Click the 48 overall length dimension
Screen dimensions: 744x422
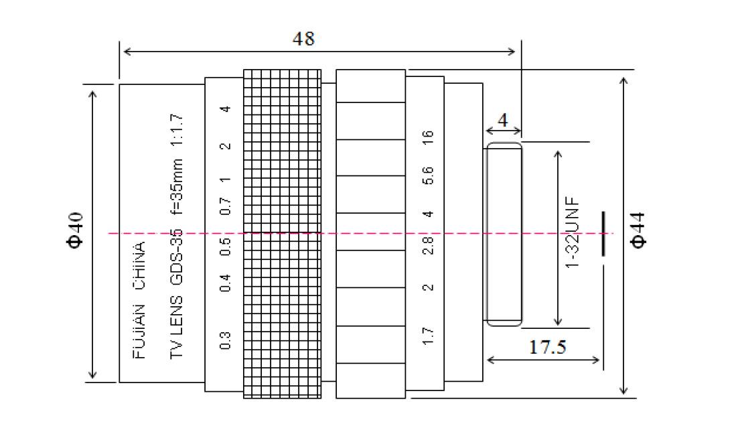point(303,38)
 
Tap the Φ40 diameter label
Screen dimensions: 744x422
point(75,230)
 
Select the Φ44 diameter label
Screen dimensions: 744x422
point(638,230)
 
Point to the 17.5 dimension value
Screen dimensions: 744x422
point(548,347)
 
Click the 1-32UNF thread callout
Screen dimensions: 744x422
point(573,232)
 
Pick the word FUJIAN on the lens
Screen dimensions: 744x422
point(139,332)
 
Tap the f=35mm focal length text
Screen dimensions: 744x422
point(176,186)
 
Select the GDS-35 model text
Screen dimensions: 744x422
point(176,257)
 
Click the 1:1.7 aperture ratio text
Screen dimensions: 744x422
point(176,130)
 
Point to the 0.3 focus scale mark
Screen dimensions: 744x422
point(226,340)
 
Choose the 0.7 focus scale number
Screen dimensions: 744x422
point(226,206)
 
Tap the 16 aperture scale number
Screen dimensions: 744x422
point(428,137)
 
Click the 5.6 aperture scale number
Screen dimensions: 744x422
point(428,175)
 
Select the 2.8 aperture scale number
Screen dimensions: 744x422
point(428,245)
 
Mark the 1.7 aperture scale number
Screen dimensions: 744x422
point(428,336)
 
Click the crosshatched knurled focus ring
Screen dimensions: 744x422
point(283,234)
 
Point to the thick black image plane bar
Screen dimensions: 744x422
point(603,234)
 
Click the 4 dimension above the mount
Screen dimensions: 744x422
point(503,120)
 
